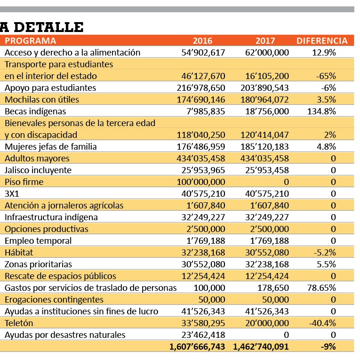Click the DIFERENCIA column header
coord(322,40)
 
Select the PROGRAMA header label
coord(31,40)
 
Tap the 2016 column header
coord(202,40)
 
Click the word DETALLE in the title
coord(48,27)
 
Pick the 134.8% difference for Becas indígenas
coord(321,112)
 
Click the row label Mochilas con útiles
coord(42,100)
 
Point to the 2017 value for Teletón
coord(267,323)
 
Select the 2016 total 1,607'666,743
coord(197,347)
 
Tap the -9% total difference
coord(328,346)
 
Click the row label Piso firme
coord(24,182)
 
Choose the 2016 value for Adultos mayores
coord(201,159)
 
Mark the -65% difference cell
coord(326,76)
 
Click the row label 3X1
coord(12,194)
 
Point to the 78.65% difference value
coord(321,288)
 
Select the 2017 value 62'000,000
coord(267,53)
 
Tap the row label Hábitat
coord(19,253)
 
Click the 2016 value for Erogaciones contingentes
coord(212,300)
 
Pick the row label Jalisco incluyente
coord(38,170)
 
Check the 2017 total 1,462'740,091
coord(261,347)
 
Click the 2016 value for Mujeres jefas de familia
coord(201,147)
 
